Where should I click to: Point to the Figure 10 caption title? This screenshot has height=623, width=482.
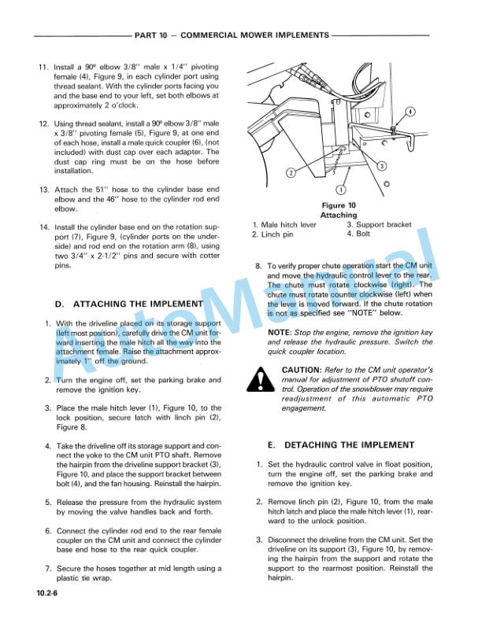point(340,205)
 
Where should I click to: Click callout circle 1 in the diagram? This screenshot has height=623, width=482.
point(340,189)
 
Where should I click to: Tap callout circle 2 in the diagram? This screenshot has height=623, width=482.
point(291,172)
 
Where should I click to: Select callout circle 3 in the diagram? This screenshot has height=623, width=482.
point(380,165)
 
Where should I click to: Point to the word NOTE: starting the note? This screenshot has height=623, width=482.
point(280,333)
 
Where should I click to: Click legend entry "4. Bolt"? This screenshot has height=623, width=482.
point(359,234)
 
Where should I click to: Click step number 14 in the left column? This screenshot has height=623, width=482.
point(43,227)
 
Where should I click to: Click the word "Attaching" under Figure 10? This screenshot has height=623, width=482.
point(339,215)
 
